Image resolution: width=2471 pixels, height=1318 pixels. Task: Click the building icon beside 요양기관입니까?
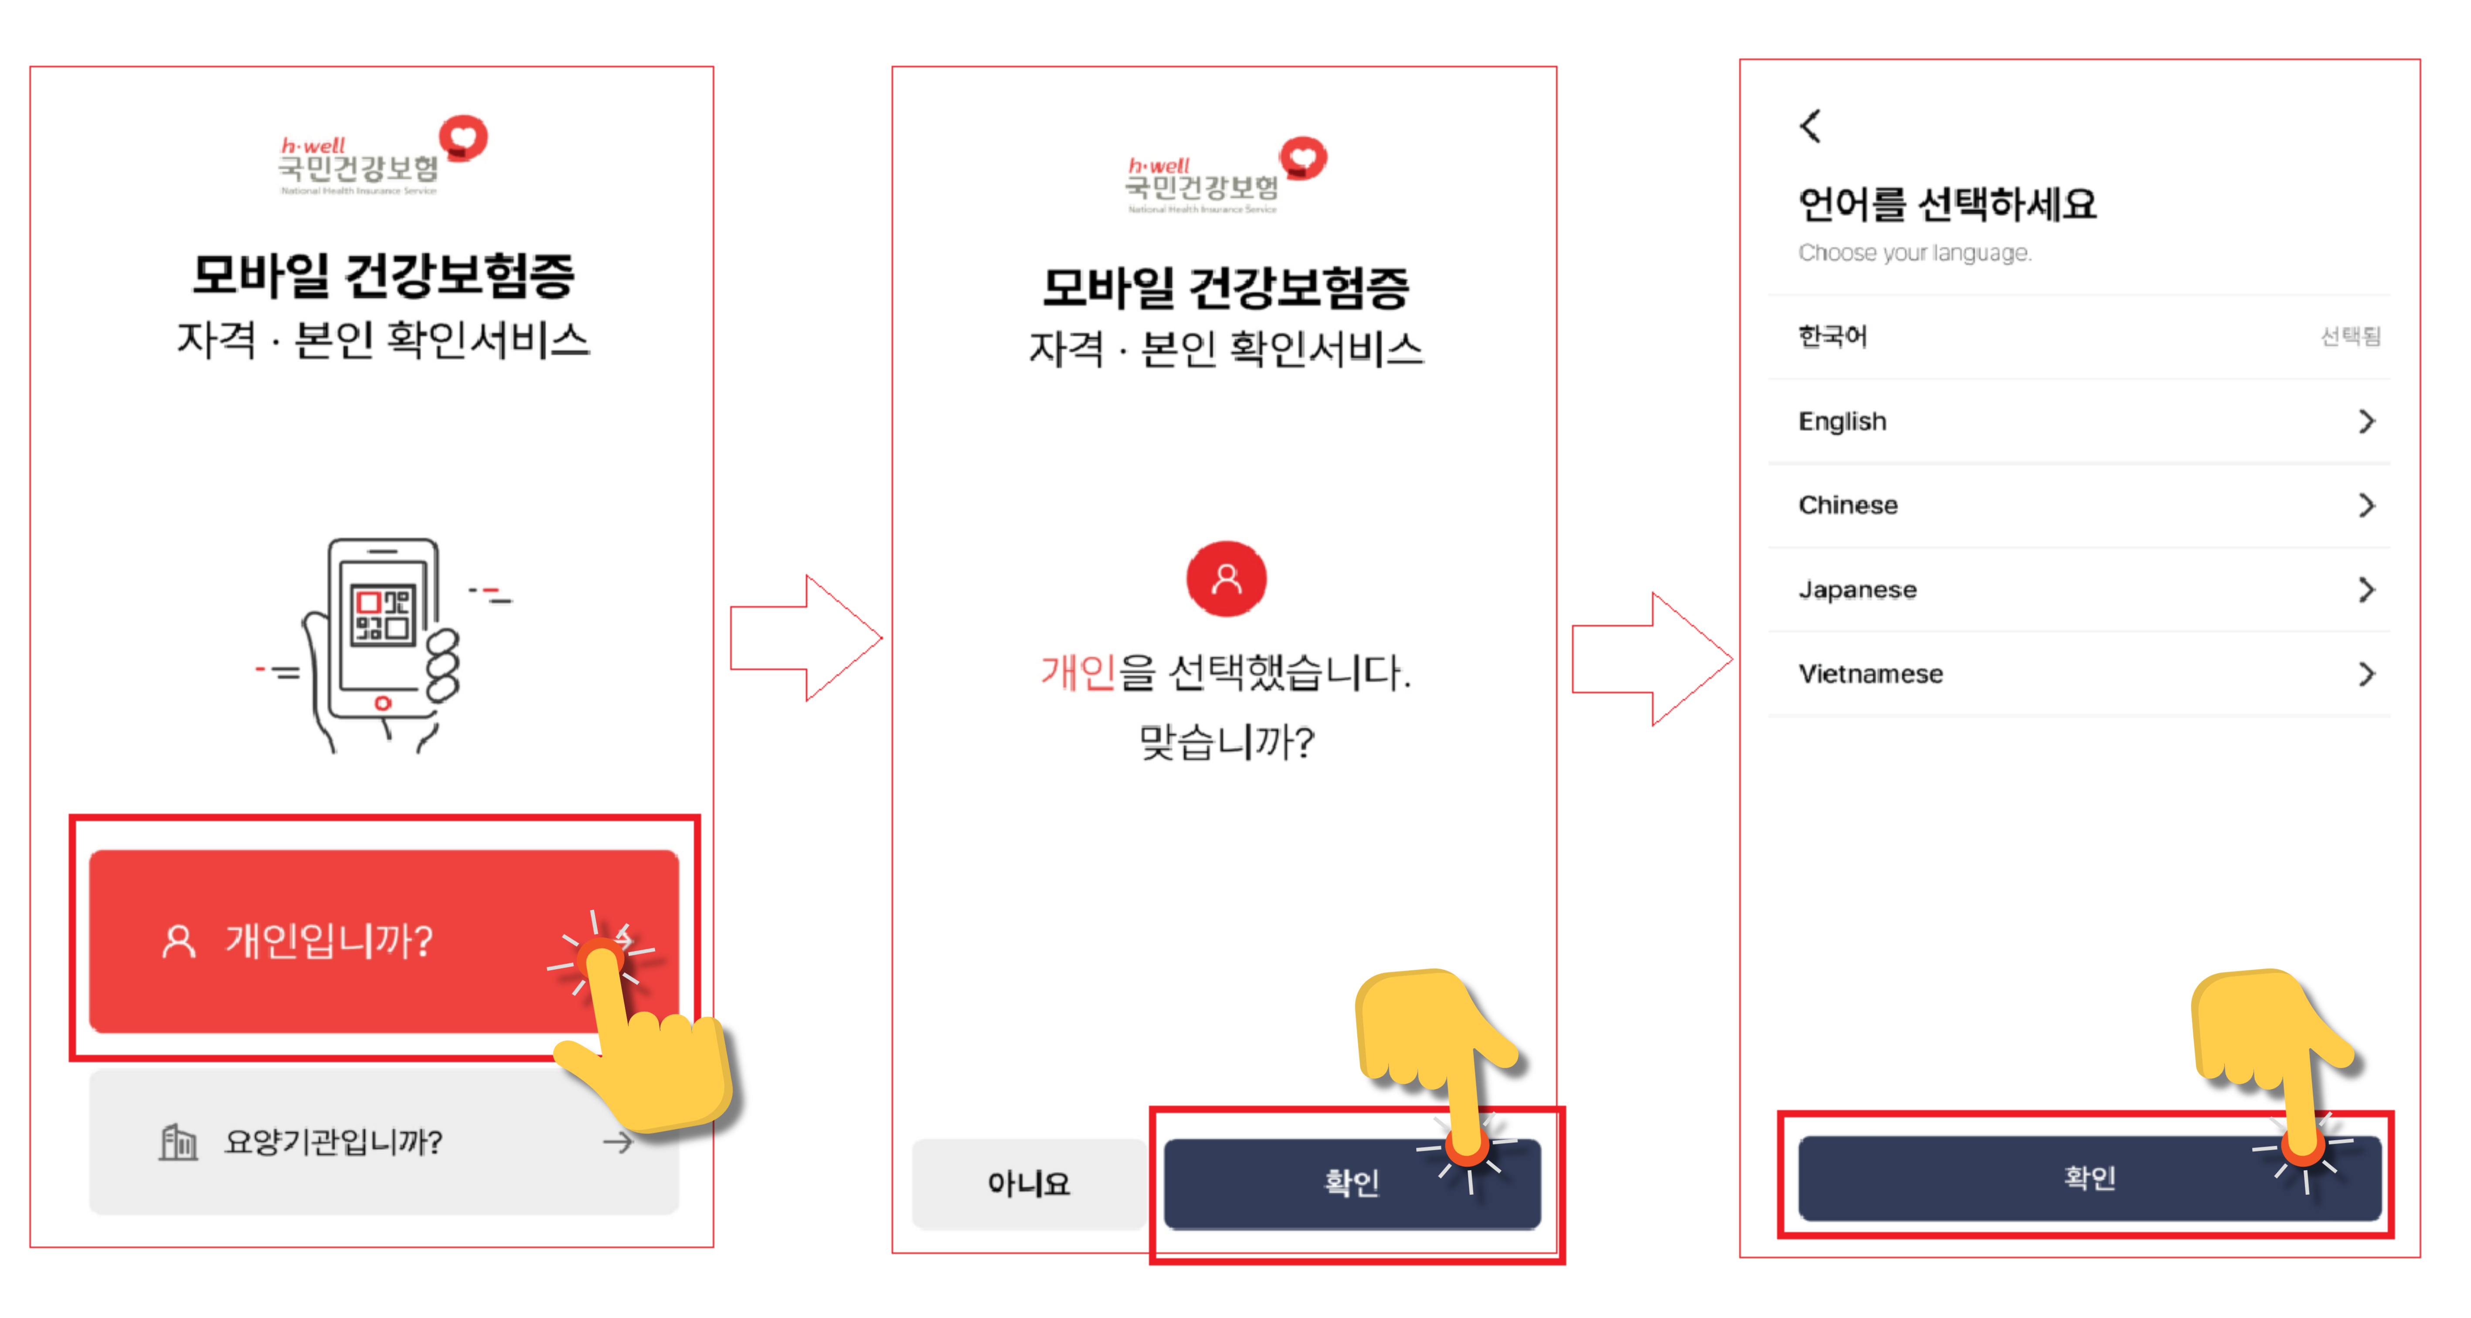pyautogui.click(x=178, y=1141)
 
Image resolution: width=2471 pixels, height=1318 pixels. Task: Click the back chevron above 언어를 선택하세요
pyautogui.click(x=1810, y=126)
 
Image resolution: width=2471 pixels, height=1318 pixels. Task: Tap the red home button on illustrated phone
pyautogui.click(x=383, y=703)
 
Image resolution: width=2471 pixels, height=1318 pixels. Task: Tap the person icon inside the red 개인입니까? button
pyautogui.click(x=178, y=942)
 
